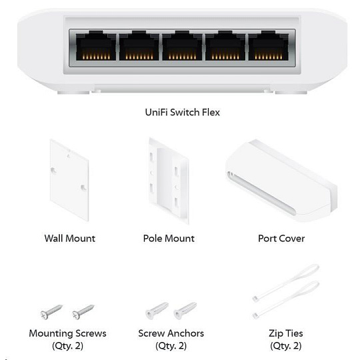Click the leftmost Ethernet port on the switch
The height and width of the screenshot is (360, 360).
point(96,46)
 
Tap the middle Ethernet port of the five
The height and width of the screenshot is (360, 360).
point(182,46)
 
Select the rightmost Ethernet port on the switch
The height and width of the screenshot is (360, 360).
point(269,46)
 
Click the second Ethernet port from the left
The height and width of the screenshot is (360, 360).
point(139,46)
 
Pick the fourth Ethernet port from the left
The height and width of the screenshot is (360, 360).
point(225,46)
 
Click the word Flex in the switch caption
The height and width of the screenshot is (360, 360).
point(211,112)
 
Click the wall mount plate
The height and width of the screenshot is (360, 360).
point(69,180)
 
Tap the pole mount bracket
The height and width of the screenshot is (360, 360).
point(169,181)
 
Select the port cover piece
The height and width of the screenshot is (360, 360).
point(281,180)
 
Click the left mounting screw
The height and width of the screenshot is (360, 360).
point(51,312)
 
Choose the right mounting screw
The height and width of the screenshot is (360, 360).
point(83,312)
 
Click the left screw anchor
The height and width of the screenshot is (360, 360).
point(157,311)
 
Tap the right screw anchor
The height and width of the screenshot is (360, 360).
point(185,311)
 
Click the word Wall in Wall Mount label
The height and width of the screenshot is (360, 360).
point(54,238)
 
